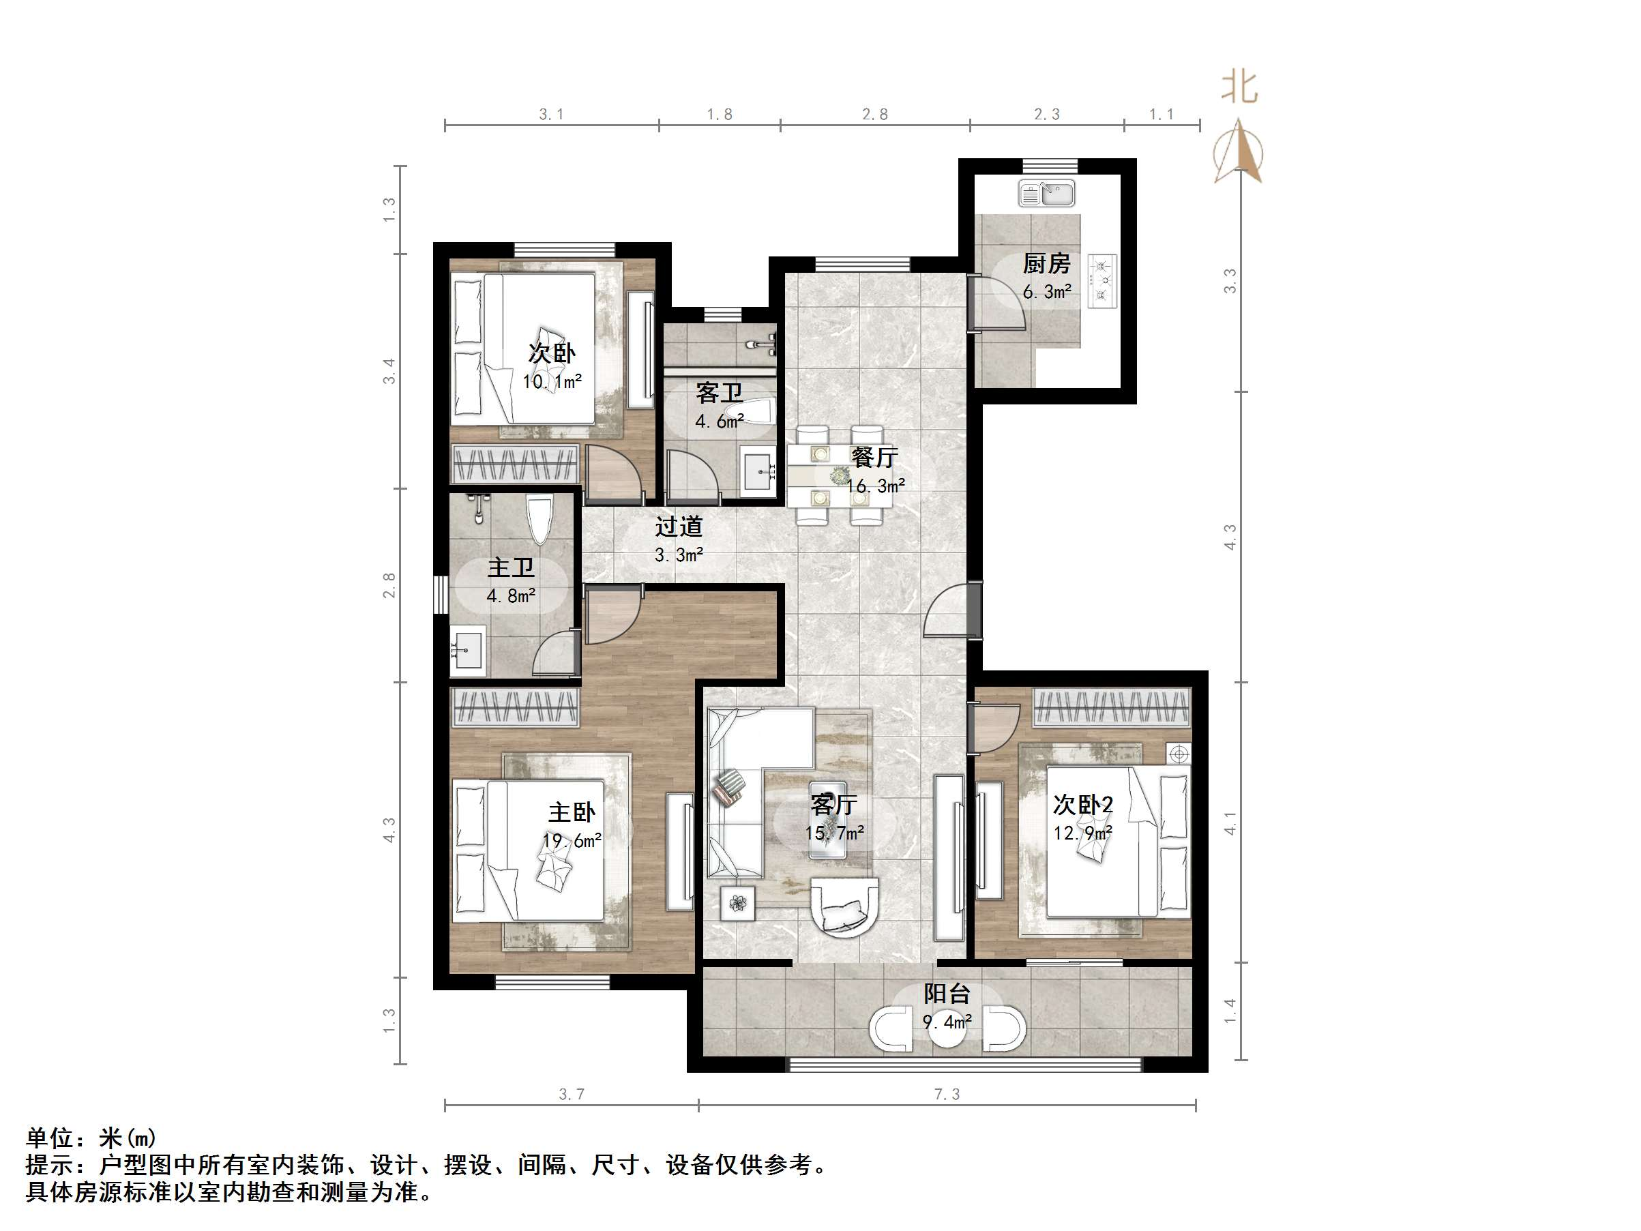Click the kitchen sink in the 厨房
[x=1046, y=193]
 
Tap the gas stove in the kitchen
[x=1102, y=280]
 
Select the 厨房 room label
[x=1046, y=263]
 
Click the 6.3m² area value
[x=1046, y=292]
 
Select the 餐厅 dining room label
[x=874, y=457]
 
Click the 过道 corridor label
[x=678, y=526]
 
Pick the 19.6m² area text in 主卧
[x=572, y=841]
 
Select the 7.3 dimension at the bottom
[x=947, y=1094]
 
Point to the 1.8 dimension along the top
[x=719, y=115]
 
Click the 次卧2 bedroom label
[x=1082, y=804]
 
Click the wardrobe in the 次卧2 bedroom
[x=1111, y=707]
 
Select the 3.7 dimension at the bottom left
[x=572, y=1094]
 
